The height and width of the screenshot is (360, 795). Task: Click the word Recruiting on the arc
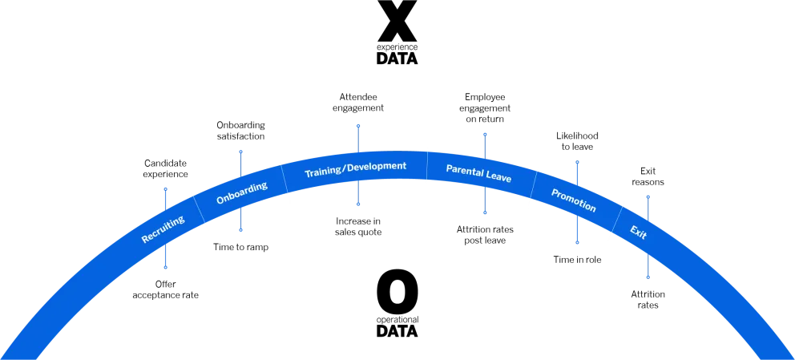(x=163, y=229)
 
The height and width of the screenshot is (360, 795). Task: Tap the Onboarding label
(x=241, y=193)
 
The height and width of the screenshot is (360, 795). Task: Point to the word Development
(x=377, y=167)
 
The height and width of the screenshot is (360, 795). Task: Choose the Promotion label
(x=574, y=200)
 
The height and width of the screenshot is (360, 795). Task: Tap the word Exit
(x=638, y=233)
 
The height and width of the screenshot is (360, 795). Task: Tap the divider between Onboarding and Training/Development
(x=286, y=180)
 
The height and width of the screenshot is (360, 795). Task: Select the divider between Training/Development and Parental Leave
(x=426, y=165)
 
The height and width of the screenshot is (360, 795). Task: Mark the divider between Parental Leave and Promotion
(x=533, y=184)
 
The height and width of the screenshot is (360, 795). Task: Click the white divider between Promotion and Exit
(x=617, y=220)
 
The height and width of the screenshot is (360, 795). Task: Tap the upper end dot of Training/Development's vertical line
(x=358, y=125)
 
